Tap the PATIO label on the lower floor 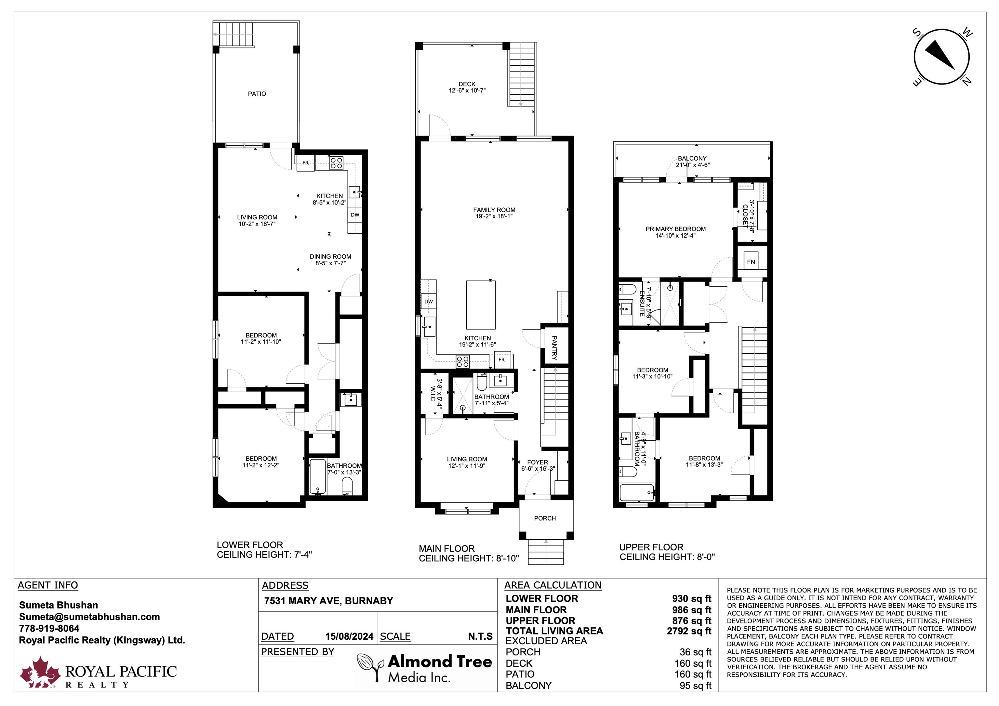coord(257,94)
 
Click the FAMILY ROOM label coord(494,210)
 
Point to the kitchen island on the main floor coord(481,305)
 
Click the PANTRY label coord(554,347)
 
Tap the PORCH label coord(545,518)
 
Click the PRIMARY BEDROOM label coord(676,229)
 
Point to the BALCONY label coord(692,158)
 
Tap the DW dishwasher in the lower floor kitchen coord(355,215)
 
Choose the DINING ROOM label coord(330,257)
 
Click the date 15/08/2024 coord(349,636)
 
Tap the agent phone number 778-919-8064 coord(49,629)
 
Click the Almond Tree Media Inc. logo coord(424,668)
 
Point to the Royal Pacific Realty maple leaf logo coord(40,672)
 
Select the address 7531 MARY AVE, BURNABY coord(328,601)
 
